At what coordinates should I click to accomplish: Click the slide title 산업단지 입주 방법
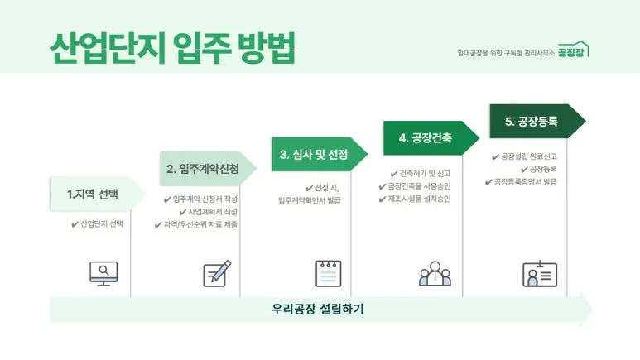172,48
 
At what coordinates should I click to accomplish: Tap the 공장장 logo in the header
573,50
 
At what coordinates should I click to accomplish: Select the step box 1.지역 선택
92,194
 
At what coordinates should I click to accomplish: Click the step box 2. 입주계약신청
203,169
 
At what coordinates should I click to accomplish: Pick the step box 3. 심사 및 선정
313,155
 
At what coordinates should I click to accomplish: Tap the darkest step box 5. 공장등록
532,122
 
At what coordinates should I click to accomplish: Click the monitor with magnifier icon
103,272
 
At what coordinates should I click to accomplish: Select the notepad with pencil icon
217,272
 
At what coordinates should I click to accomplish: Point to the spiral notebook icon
328,272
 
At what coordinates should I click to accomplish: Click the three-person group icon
435,272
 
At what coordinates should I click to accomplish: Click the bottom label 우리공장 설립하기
318,310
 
